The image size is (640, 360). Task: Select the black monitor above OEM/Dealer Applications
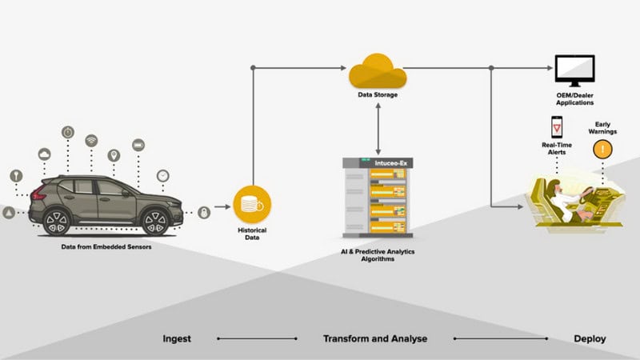coord(574,70)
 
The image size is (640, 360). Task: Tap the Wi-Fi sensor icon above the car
coord(91,140)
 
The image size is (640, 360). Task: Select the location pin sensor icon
coord(114,154)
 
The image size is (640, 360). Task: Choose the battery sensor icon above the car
coord(138,146)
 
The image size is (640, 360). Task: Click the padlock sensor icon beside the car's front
coord(204,212)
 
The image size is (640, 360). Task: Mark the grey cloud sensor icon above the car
coord(45,154)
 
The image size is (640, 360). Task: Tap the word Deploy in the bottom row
coord(590,338)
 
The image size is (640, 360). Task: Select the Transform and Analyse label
coord(374,338)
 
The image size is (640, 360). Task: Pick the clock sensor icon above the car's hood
coord(162,174)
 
